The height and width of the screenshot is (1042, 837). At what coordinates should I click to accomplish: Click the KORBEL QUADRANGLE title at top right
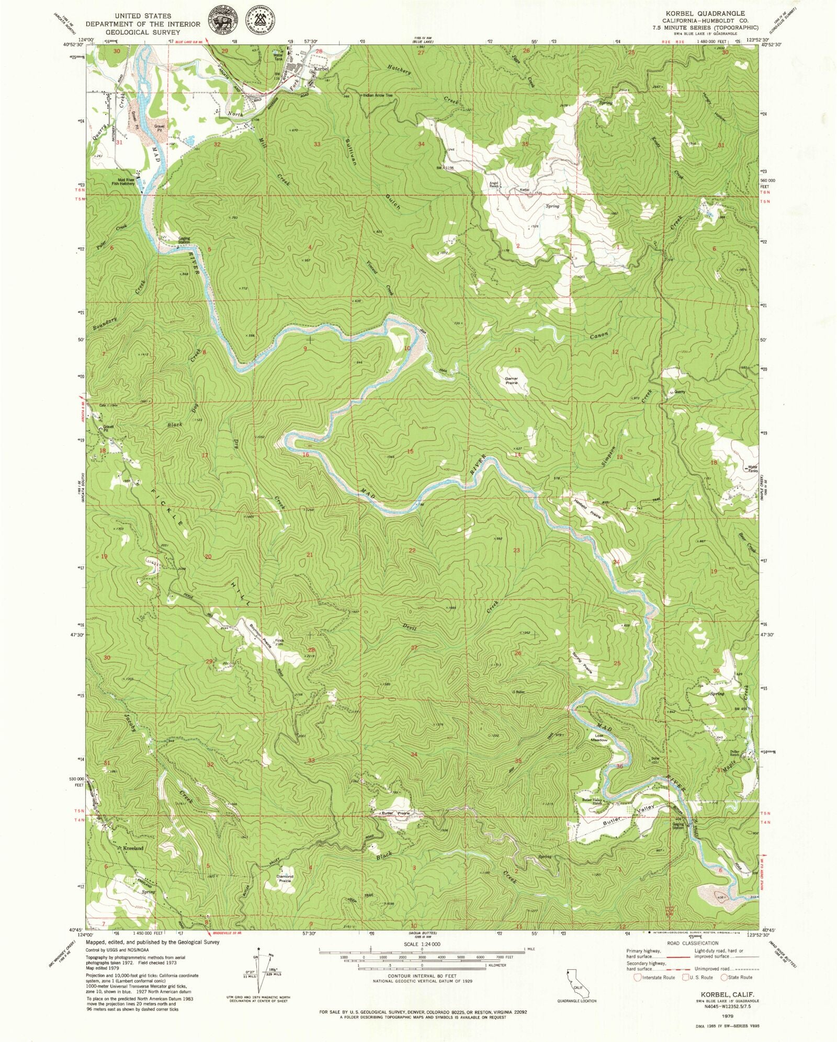[x=705, y=13]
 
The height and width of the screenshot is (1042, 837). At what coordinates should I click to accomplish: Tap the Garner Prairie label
[x=511, y=381]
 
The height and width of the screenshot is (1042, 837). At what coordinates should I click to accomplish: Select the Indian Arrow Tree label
[x=378, y=96]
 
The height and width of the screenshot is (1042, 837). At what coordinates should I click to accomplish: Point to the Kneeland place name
[x=133, y=849]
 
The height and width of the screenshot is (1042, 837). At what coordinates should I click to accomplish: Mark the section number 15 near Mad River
[x=410, y=451]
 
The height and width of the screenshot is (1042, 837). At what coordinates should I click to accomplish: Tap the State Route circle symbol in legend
[x=724, y=977]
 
